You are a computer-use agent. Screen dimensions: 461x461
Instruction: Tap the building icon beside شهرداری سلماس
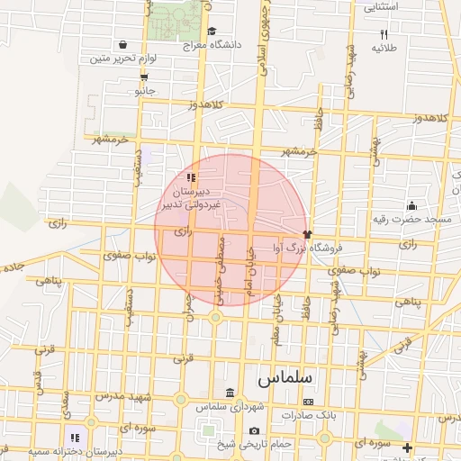pos(230,393)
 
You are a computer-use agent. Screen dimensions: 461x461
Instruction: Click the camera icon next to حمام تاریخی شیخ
pos(255,431)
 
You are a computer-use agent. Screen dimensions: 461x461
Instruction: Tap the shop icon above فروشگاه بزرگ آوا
pos(307,234)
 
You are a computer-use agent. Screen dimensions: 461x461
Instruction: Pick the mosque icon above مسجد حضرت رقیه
pos(411,205)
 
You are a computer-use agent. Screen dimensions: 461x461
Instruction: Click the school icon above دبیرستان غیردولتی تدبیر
pos(190,177)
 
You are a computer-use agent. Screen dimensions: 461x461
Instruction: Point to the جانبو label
pos(144,91)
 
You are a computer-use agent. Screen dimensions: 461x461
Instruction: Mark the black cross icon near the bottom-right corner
pos(407,447)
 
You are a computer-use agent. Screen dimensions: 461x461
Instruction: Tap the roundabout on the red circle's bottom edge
pos(216,317)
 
